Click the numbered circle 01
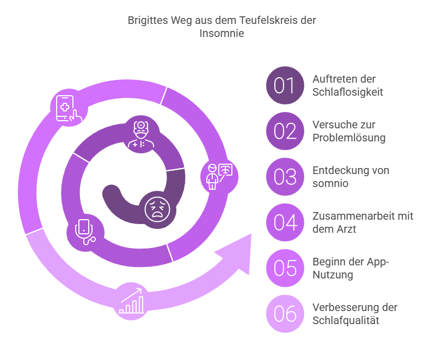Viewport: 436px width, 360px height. [284, 85]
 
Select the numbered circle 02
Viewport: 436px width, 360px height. [284, 131]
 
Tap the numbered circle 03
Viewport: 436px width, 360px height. [284, 177]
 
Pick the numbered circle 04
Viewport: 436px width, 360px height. [284, 222]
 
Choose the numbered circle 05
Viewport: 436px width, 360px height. [284, 268]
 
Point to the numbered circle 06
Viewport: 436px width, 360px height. [284, 314]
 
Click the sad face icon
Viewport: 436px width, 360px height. [156, 208]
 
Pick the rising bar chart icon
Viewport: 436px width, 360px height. [132, 301]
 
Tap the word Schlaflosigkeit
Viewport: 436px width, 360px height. [348, 92]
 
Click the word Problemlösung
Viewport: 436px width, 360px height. [349, 138]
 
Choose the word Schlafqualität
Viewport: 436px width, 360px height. [346, 320]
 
